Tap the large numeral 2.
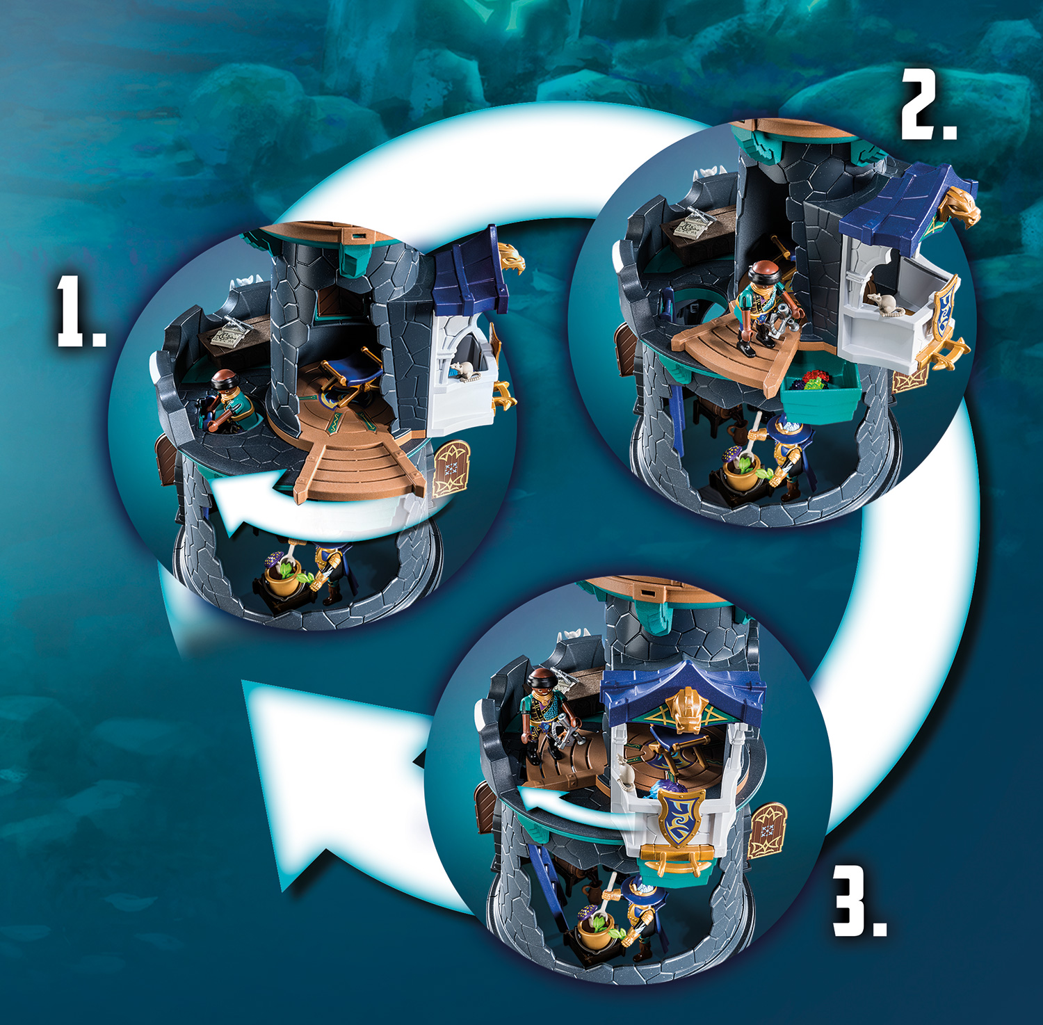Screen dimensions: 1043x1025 929,106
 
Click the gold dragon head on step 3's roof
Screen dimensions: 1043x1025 686,709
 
